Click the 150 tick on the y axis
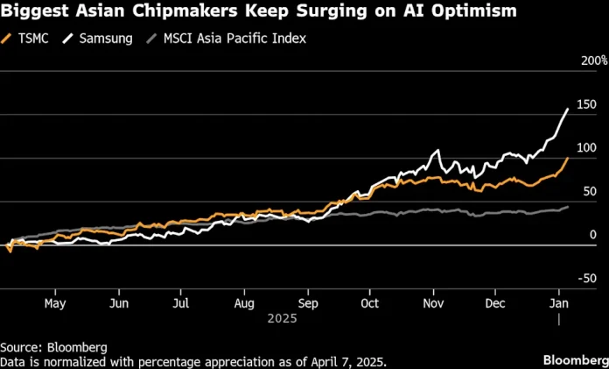(587, 105)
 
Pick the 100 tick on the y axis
(587, 148)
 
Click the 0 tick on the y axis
(593, 235)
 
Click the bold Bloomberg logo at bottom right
(573, 360)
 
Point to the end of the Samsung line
(569, 109)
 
